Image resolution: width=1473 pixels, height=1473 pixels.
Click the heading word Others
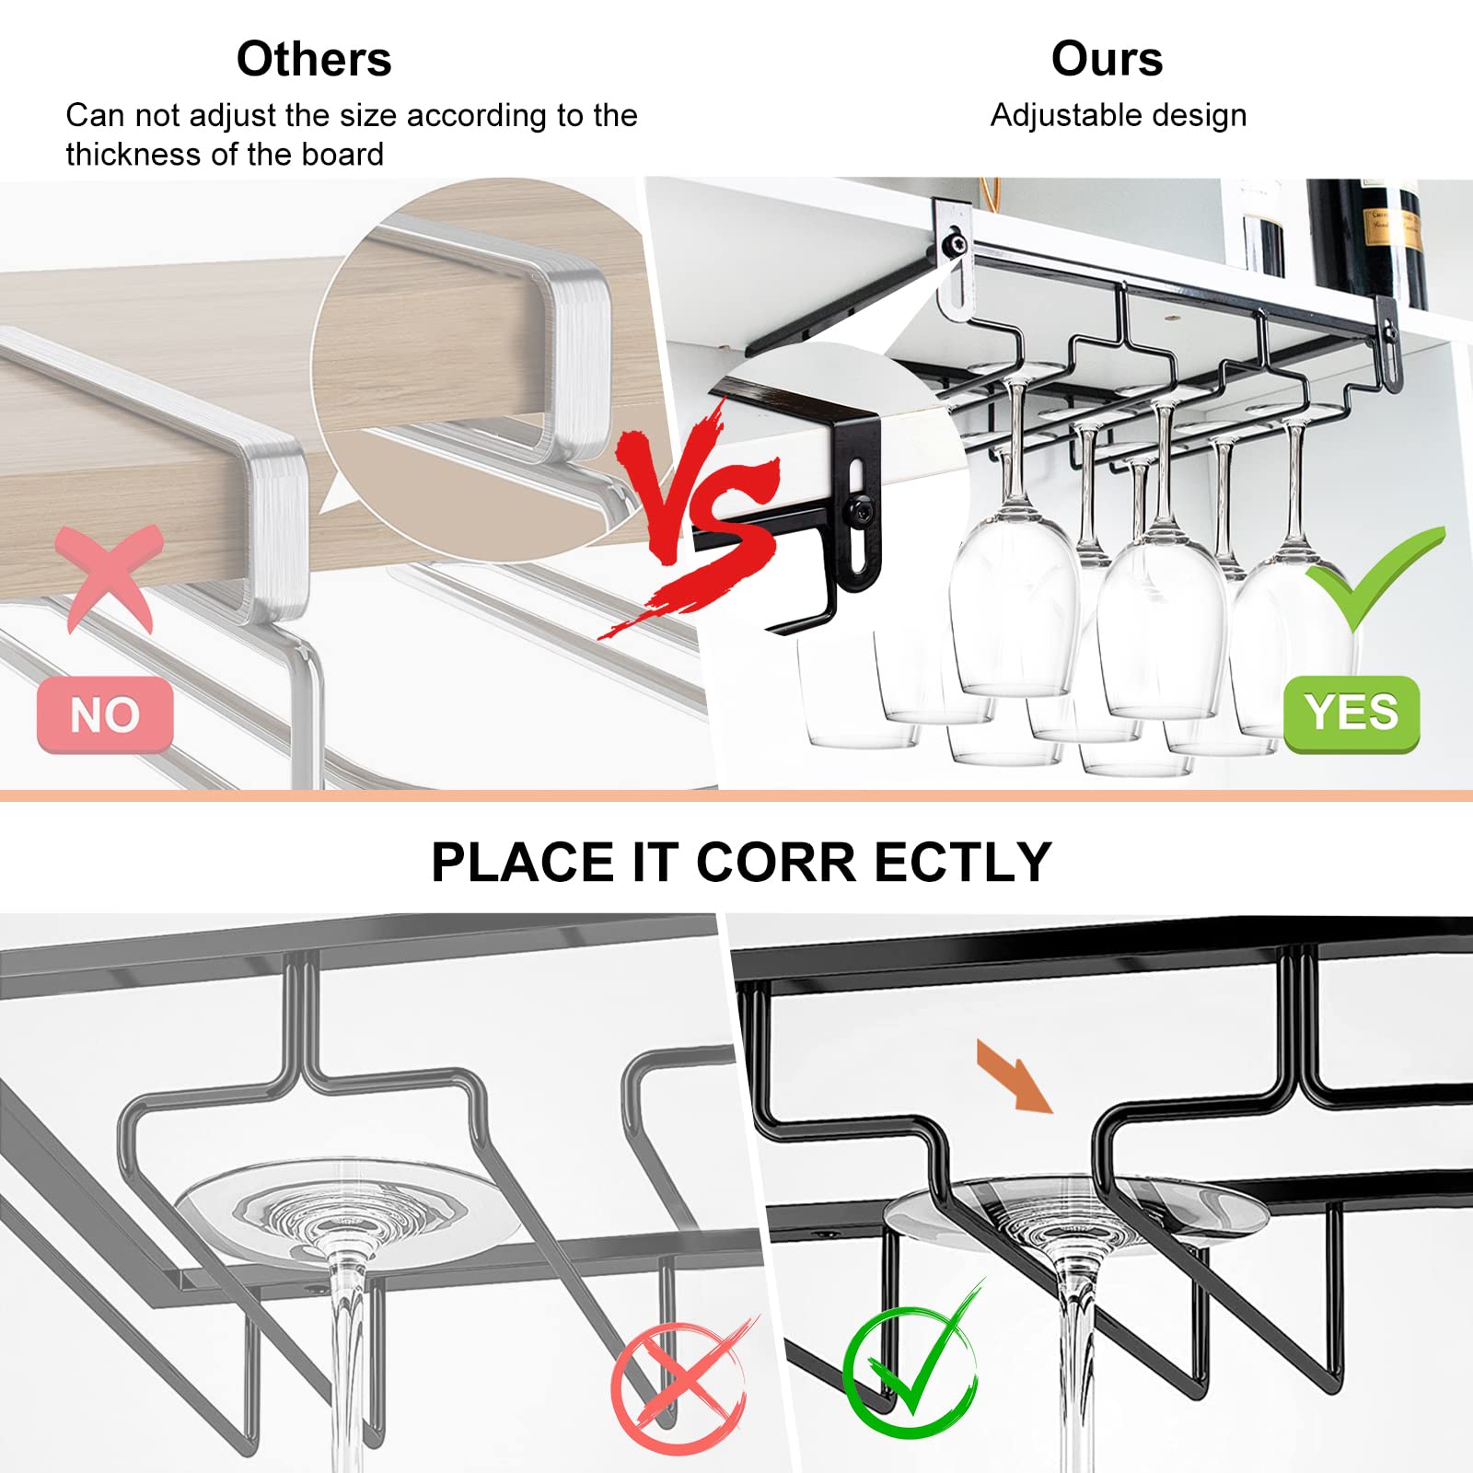[x=314, y=59]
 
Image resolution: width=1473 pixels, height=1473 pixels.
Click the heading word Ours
[x=1107, y=59]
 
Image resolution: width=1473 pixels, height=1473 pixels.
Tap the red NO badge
[x=105, y=714]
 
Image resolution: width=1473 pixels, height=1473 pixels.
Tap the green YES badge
[x=1351, y=713]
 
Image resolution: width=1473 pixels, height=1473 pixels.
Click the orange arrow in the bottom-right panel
[x=1015, y=1076]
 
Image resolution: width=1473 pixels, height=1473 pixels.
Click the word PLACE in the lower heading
[x=523, y=863]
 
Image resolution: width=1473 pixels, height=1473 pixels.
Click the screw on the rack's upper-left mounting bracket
[x=957, y=245]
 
